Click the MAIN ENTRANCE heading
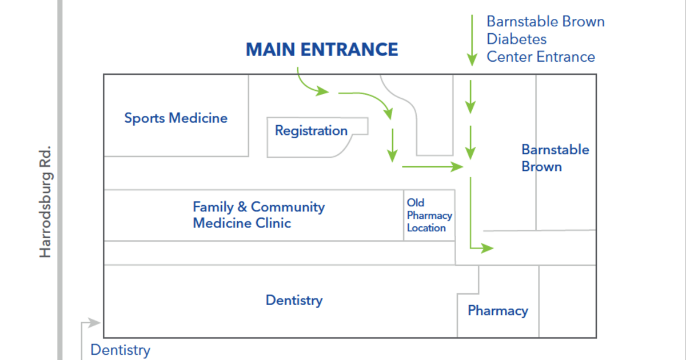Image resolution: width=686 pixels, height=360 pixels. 322,50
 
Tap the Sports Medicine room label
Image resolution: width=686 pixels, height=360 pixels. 176,118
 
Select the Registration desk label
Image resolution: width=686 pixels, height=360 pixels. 311,131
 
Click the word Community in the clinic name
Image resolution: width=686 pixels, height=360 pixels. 288,207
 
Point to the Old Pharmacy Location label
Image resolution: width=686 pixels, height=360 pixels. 429,215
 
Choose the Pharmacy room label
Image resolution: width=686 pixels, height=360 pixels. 497,311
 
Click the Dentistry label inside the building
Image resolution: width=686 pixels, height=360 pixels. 294,301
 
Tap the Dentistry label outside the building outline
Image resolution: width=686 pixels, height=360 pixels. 120,350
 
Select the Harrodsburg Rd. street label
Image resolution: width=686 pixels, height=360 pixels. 46,201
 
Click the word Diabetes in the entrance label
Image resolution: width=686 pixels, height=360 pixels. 516,39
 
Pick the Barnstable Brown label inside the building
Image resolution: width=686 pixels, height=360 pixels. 555,158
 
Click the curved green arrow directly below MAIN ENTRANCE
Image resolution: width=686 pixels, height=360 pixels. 312,83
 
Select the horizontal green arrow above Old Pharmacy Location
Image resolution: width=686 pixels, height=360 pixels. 432,167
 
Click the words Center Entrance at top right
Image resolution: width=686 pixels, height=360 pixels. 541,57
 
